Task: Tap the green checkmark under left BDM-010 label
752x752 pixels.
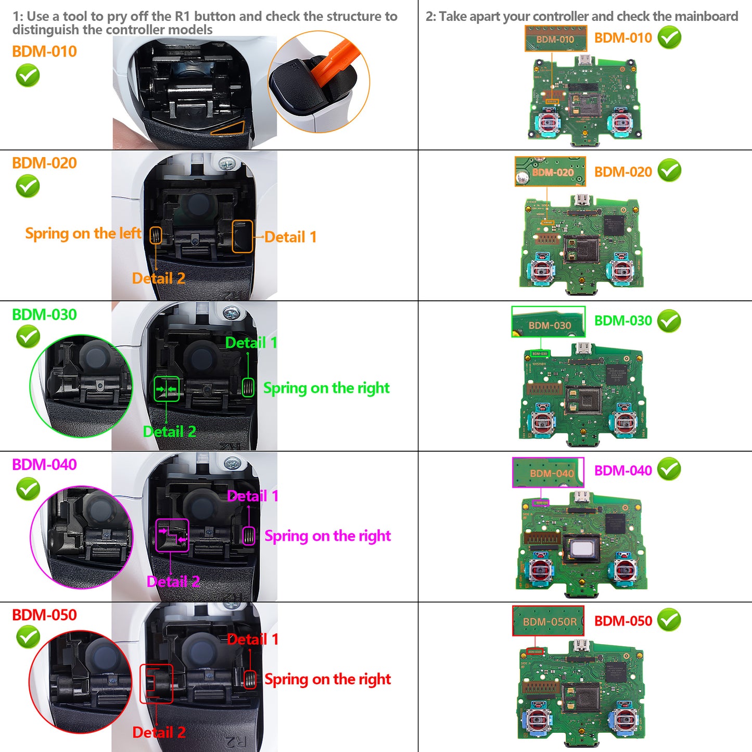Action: coord(28,76)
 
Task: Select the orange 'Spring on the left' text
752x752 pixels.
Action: coord(83,234)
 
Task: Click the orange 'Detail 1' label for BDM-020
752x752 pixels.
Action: coord(290,237)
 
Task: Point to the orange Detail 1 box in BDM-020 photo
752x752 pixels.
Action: coord(242,236)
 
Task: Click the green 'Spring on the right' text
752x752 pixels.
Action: coord(326,388)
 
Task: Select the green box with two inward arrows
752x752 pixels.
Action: coord(167,389)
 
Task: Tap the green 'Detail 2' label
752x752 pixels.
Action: coord(169,432)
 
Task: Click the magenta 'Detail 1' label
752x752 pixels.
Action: coord(253,496)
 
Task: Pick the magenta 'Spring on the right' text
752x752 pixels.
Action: coord(327,536)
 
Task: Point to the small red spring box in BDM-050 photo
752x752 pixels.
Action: coord(250,679)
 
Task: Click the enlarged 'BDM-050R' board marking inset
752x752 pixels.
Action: coord(549,621)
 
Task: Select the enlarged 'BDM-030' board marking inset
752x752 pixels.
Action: coord(549,322)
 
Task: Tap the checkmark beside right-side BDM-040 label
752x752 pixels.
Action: coord(669,469)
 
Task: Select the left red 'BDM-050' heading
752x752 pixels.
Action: coord(44,615)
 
